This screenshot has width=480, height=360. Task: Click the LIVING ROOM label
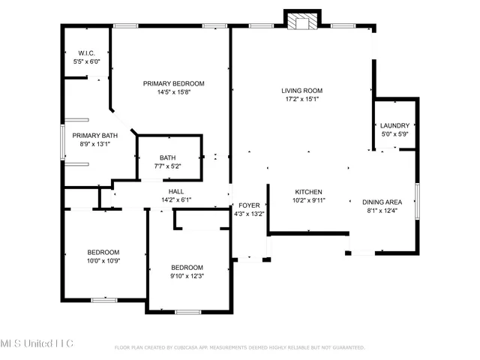click(302, 91)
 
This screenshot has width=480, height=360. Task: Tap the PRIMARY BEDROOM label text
click(174, 83)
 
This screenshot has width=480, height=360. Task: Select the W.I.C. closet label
click(85, 53)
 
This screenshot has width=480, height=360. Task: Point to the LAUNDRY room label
click(394, 125)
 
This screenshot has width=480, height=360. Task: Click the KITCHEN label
click(308, 191)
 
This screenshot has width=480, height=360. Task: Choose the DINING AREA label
click(382, 202)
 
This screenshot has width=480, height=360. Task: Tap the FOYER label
click(248, 205)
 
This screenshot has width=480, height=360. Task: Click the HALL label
click(176, 191)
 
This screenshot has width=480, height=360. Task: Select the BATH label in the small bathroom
click(167, 157)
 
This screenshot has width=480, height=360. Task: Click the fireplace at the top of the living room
click(301, 21)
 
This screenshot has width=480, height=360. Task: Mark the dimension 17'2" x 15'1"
click(302, 100)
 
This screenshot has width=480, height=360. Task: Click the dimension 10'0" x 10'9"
click(103, 261)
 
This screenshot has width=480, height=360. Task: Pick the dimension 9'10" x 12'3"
click(187, 277)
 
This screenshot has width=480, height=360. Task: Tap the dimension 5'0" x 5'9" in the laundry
click(394, 134)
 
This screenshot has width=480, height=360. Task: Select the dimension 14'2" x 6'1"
click(176, 200)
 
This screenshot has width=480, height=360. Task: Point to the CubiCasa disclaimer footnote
click(239, 347)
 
